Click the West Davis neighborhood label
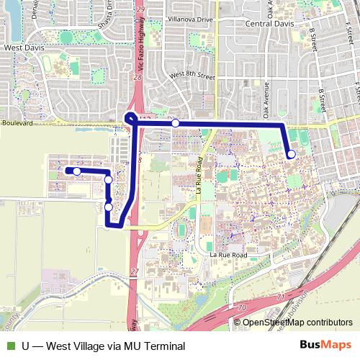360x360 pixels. click(x=24, y=48)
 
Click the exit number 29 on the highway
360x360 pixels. click(x=140, y=9)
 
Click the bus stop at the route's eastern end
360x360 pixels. click(x=291, y=154)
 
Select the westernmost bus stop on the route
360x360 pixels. click(x=76, y=171)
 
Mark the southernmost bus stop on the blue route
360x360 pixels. click(x=109, y=207)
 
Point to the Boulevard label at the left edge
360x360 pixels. click(x=17, y=124)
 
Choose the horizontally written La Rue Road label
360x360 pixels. click(x=228, y=255)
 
